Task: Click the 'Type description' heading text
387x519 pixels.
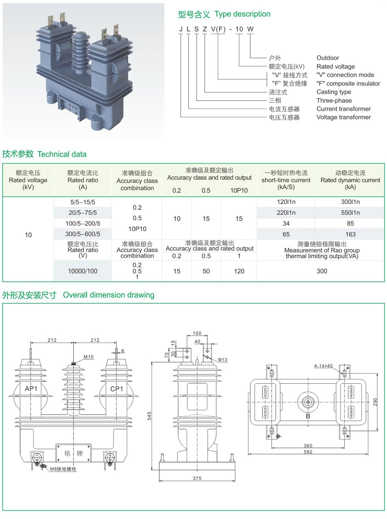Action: click(242, 14)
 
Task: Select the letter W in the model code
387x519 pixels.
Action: click(250, 29)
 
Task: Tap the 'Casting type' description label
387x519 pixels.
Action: click(334, 92)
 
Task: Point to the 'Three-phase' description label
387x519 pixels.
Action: click(334, 100)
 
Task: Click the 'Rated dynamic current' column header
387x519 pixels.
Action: click(350, 180)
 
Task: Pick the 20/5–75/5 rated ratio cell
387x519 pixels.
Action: click(83, 213)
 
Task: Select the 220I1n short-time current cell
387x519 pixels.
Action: click(286, 213)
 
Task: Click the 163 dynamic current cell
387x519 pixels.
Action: click(350, 234)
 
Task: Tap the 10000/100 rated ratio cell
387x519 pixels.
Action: click(83, 271)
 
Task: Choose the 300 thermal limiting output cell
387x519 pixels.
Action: click(322, 271)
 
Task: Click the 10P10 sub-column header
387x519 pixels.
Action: click(239, 190)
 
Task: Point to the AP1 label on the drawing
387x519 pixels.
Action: click(31, 388)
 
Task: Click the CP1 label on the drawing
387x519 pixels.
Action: click(116, 389)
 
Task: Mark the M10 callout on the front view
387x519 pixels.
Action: click(88, 357)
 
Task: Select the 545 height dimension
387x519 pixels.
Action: click(149, 416)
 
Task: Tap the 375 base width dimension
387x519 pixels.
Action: click(197, 478)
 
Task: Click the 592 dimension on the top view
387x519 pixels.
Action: click(308, 452)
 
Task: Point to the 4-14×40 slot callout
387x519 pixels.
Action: click(323, 366)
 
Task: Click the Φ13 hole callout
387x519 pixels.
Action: click(223, 360)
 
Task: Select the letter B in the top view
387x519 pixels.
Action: click(308, 416)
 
